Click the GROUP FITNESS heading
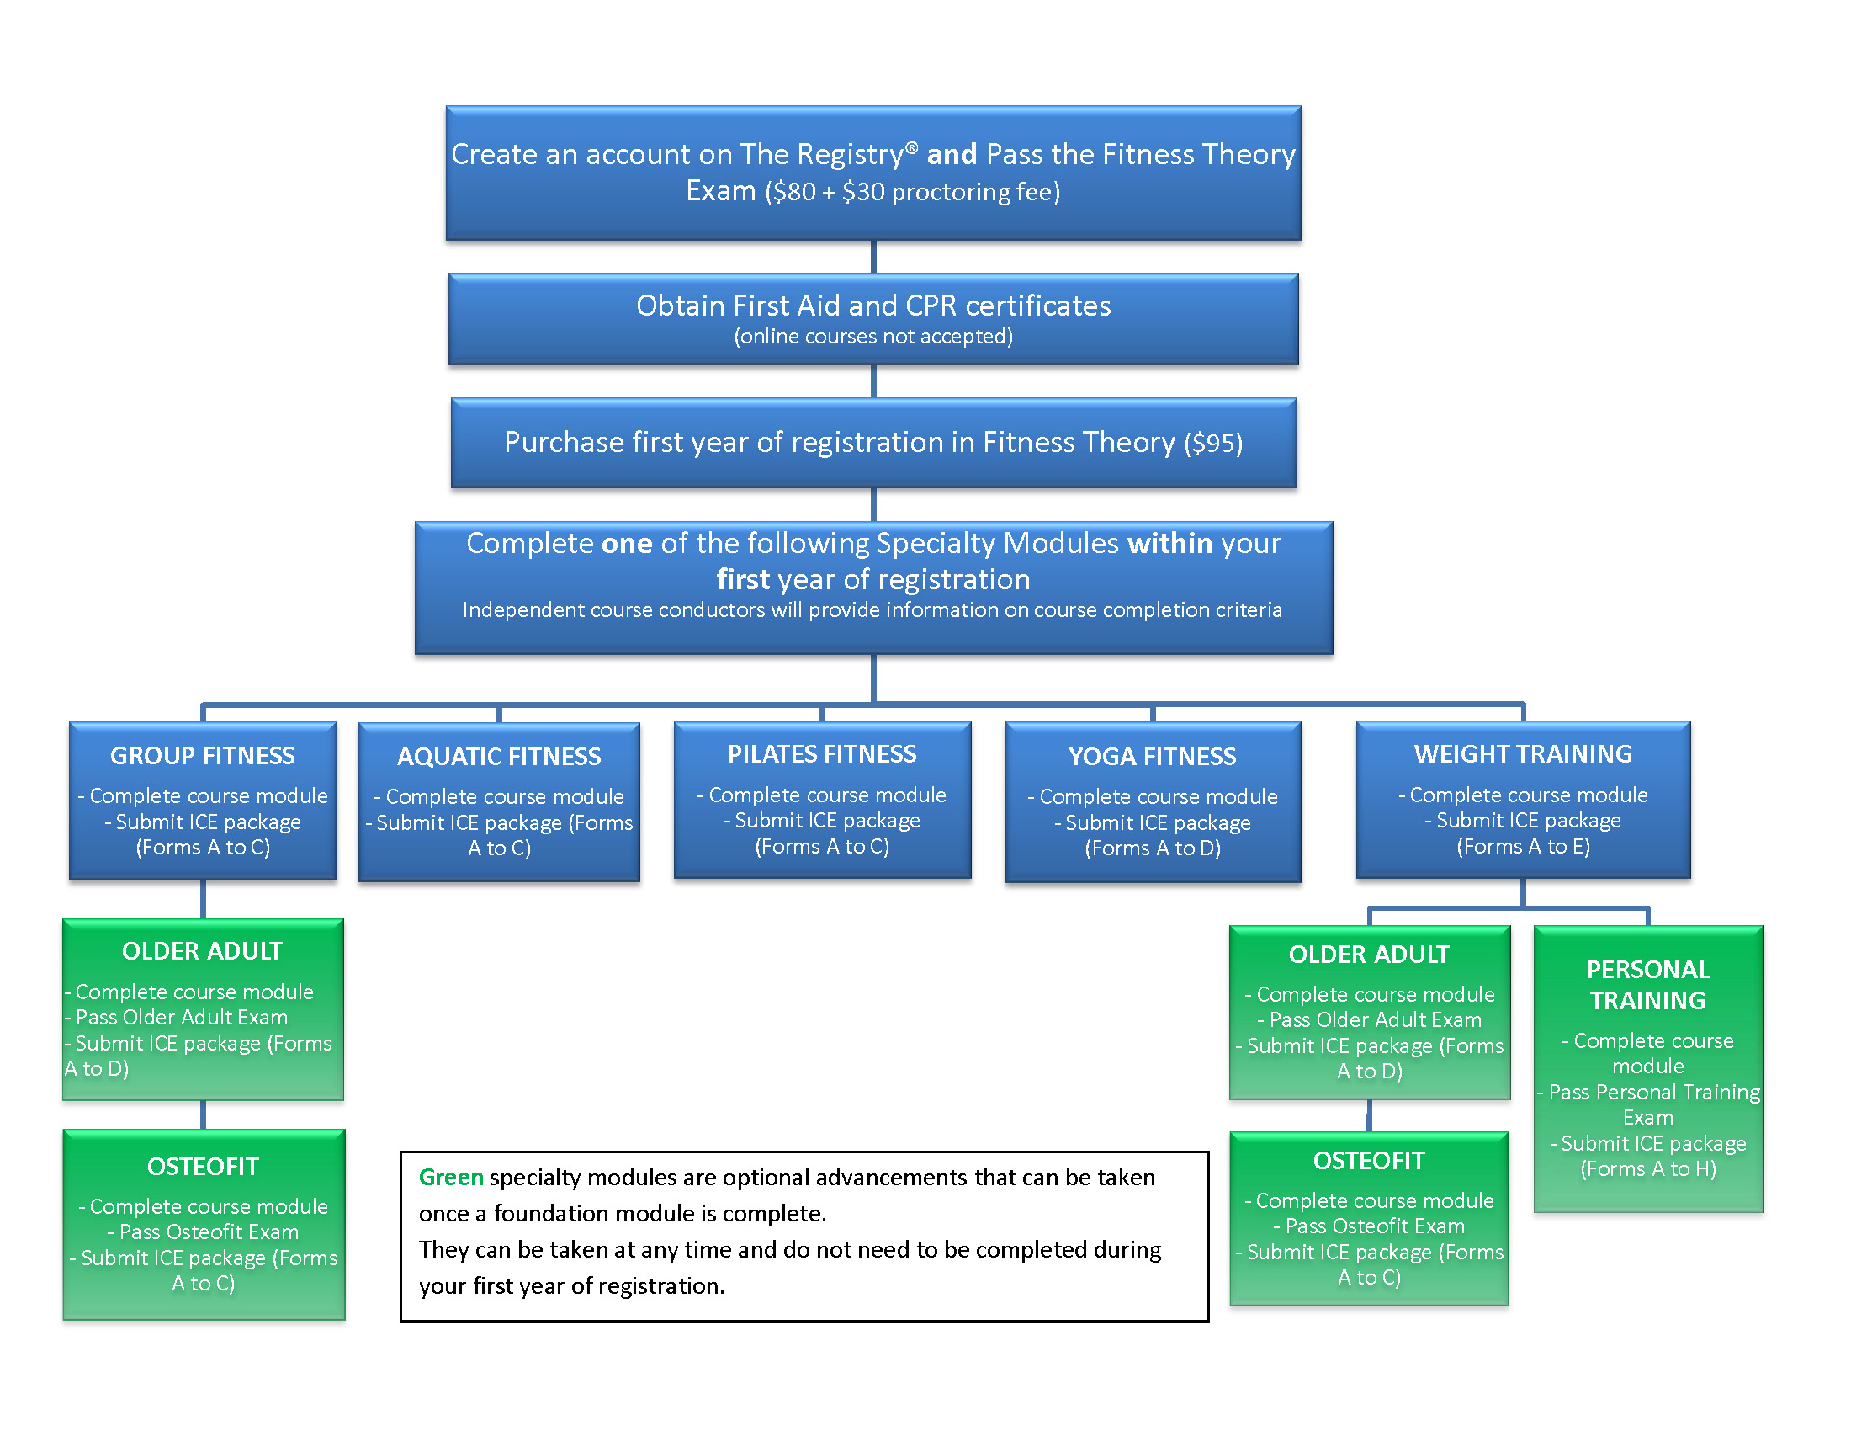point(203,755)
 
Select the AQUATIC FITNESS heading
point(499,756)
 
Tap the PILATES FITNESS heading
point(822,753)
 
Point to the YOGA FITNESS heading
point(1153,756)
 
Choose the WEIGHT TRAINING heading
point(1523,753)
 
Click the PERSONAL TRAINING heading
point(1647,985)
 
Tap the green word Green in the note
point(451,1177)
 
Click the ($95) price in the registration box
point(1213,443)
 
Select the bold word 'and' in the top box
point(952,154)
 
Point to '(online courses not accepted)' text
point(873,337)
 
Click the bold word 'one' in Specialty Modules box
point(626,544)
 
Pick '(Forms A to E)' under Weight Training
point(1523,846)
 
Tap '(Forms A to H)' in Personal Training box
point(1647,1169)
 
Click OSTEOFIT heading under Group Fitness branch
point(203,1167)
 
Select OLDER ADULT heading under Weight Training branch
point(1369,955)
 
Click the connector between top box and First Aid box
point(873,257)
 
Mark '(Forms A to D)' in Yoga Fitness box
point(1153,848)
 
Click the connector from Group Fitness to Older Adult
point(203,900)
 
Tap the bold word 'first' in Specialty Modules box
point(743,580)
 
